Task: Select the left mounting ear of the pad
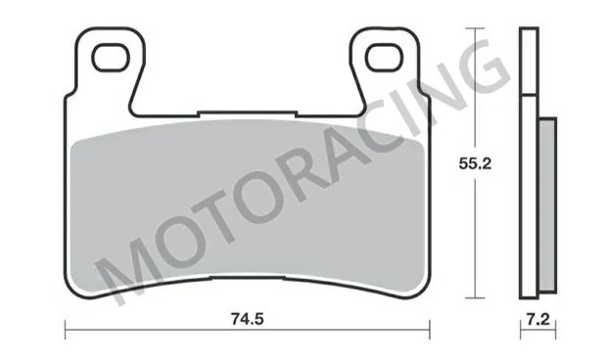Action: pyautogui.click(x=108, y=64)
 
